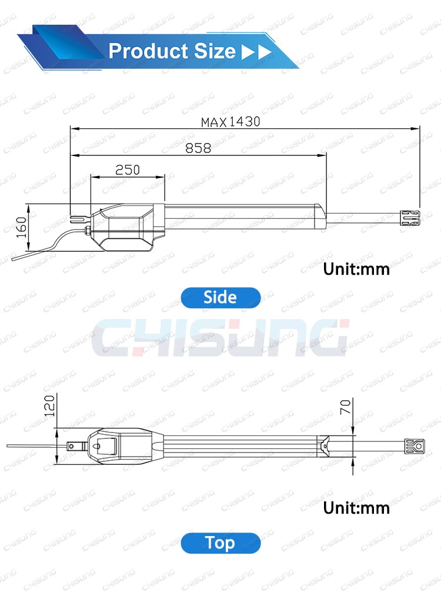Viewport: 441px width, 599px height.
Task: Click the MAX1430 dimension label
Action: [x=230, y=122]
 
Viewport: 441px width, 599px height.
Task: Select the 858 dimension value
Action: [x=198, y=148]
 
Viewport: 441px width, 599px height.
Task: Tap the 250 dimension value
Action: [x=128, y=169]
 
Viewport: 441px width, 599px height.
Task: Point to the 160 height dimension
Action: [x=21, y=227]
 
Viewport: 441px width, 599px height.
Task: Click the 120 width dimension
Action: [x=49, y=405]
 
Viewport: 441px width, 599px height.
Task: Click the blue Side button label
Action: [x=220, y=297]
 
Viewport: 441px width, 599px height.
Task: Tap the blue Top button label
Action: [x=220, y=543]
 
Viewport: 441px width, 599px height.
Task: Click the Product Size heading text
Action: [x=172, y=51]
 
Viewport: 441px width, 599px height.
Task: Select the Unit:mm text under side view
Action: [x=356, y=269]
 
